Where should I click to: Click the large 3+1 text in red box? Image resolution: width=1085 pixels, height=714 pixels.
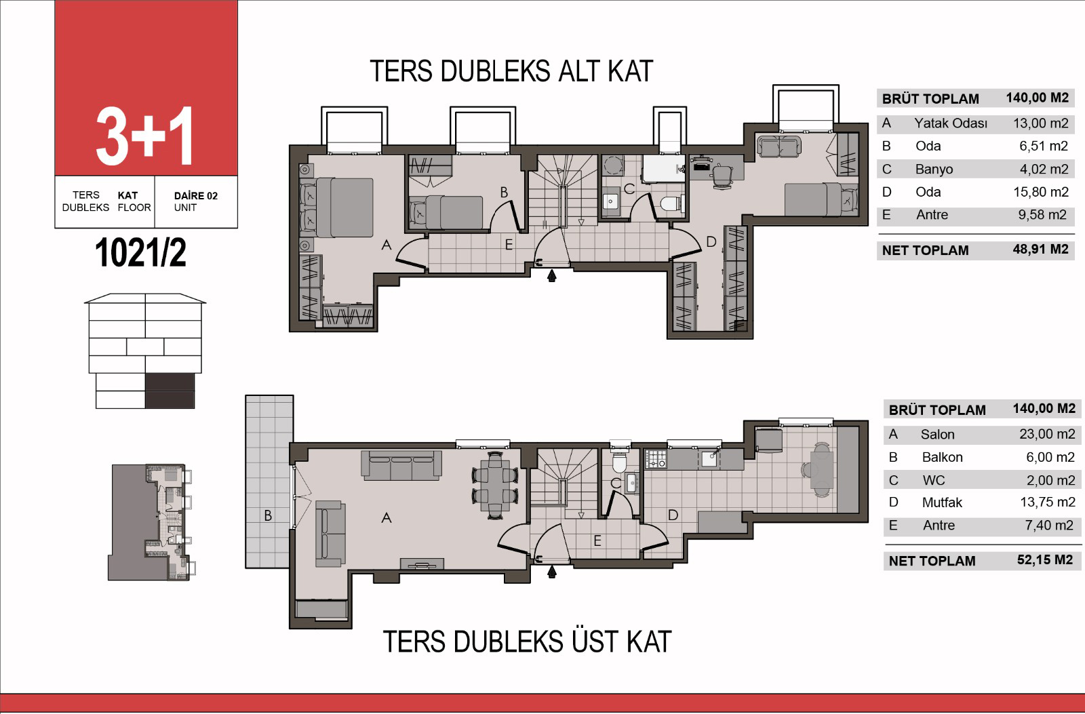145,136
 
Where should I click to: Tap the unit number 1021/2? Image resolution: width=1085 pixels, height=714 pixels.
140,252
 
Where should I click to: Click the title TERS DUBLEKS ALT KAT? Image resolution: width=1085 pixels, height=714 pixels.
511,71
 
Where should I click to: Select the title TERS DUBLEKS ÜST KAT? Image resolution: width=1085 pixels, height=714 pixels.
527,641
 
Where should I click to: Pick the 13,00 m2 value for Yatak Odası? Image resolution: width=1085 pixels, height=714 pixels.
1040,123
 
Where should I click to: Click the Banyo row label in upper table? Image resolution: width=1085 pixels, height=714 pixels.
934,169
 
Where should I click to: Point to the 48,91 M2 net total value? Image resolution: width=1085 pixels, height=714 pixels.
1040,249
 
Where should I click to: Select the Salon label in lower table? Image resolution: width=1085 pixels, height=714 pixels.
937,434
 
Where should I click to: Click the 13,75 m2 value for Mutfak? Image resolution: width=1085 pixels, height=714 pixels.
1048,502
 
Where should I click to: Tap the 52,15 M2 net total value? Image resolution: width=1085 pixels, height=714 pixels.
1045,559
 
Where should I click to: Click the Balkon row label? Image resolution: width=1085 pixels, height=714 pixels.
942,457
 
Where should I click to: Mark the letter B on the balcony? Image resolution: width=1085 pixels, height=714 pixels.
268,516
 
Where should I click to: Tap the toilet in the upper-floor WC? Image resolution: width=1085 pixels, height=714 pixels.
620,463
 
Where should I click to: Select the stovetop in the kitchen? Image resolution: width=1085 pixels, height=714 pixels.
656,459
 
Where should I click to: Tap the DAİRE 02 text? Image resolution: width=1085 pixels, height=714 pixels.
196,196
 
